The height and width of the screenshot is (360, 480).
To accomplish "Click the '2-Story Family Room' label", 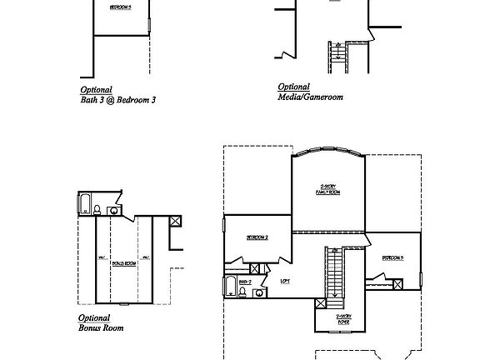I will point(327,189).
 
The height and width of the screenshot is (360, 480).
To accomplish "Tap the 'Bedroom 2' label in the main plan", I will point(257,237).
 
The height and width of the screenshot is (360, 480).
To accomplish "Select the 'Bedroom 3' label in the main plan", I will point(392,258).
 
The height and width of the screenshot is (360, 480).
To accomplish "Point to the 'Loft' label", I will point(285,281).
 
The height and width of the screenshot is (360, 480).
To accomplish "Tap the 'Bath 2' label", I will point(245,283).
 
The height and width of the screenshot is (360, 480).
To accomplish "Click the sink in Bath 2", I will point(260,292).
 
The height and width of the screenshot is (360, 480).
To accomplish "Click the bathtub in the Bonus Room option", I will point(84,204).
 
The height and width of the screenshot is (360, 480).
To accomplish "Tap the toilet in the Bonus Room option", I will point(98,209).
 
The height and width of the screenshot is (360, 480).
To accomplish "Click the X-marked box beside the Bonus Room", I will point(175,222).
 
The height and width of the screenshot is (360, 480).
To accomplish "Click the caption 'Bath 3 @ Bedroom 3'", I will point(117,99).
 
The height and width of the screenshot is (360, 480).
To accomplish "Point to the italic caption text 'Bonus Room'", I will point(101,328).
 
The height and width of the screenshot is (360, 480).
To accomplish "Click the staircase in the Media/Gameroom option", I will point(338,59).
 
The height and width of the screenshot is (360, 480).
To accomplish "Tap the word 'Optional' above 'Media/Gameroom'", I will point(293,87).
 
